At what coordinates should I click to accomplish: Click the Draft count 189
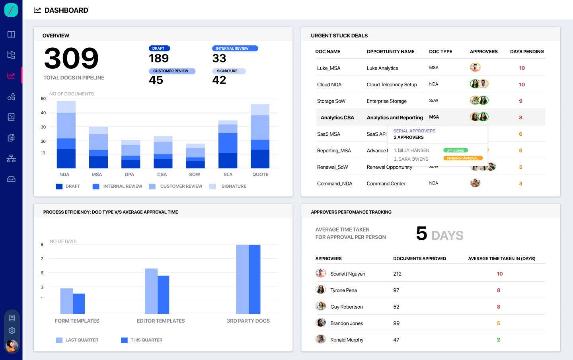pos(159,58)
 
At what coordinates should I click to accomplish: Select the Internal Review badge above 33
pos(235,49)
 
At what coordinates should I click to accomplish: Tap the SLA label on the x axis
pos(228,175)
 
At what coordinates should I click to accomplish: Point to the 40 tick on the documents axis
pos(43,113)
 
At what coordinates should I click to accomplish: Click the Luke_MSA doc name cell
pos(329,68)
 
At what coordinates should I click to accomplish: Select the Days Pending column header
pos(527,52)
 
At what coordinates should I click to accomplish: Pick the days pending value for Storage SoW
pos(520,101)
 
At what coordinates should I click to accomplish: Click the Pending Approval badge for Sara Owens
pos(463,158)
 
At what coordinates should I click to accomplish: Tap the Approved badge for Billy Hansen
pos(456,150)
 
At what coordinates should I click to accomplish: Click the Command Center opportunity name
pos(386,184)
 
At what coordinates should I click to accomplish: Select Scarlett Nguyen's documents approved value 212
pos(397,274)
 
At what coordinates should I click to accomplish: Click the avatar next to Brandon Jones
pos(321,323)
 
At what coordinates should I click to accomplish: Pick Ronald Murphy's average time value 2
pos(498,340)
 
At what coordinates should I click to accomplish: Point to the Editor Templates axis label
pos(161,321)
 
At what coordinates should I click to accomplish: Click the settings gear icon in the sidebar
pos(12,331)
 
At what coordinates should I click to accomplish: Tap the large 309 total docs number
pos(71,58)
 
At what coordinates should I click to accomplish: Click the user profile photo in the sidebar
pos(12,346)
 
